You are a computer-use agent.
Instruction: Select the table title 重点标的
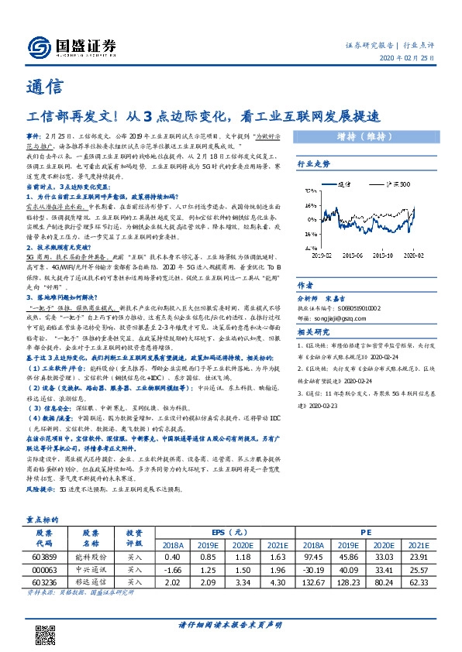44,522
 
